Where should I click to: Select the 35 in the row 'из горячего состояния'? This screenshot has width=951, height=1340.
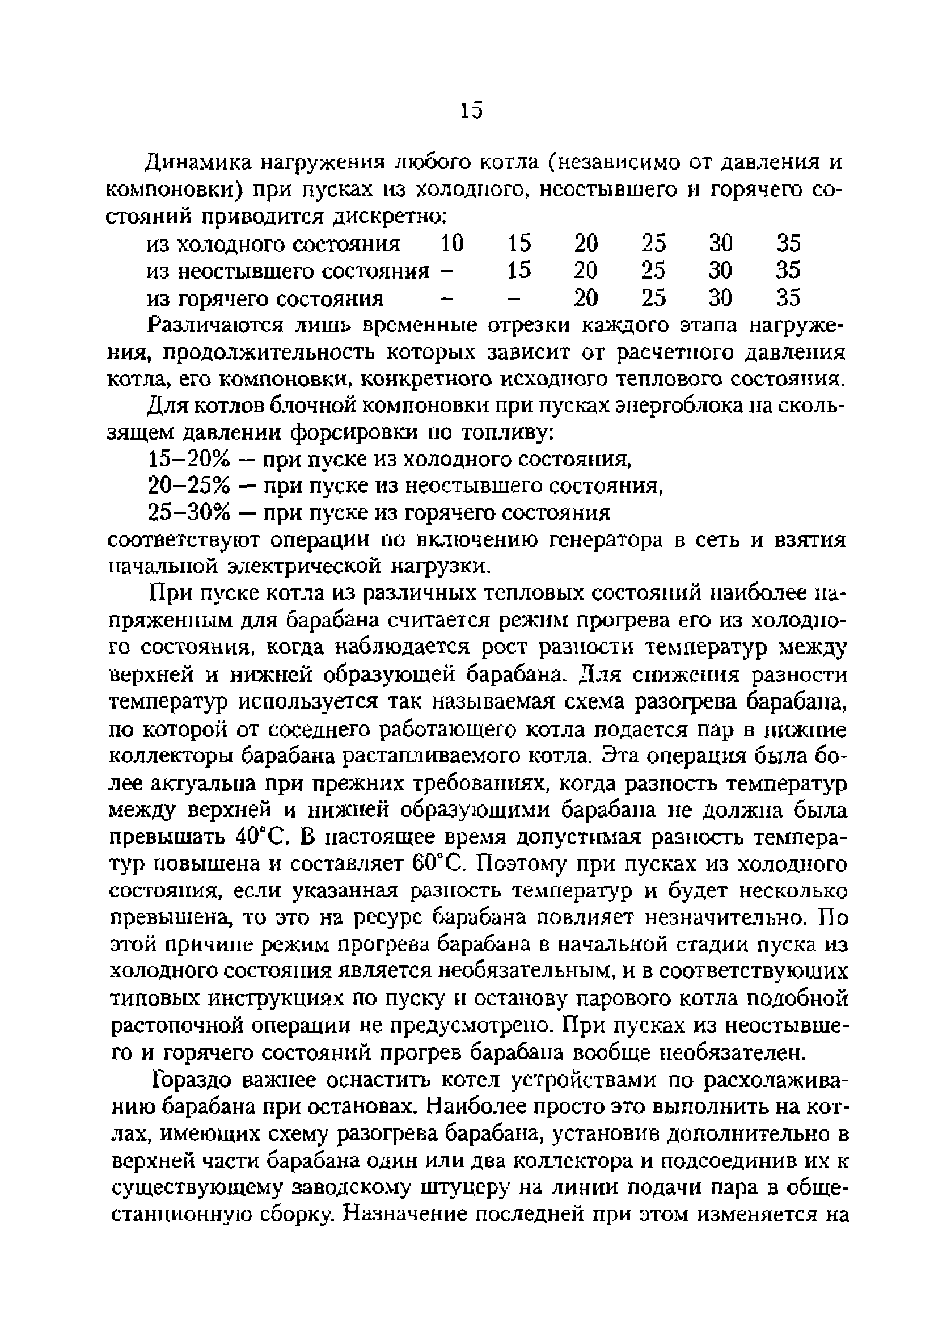[788, 298]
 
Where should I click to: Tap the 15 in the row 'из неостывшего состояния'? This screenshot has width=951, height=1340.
[518, 271]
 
